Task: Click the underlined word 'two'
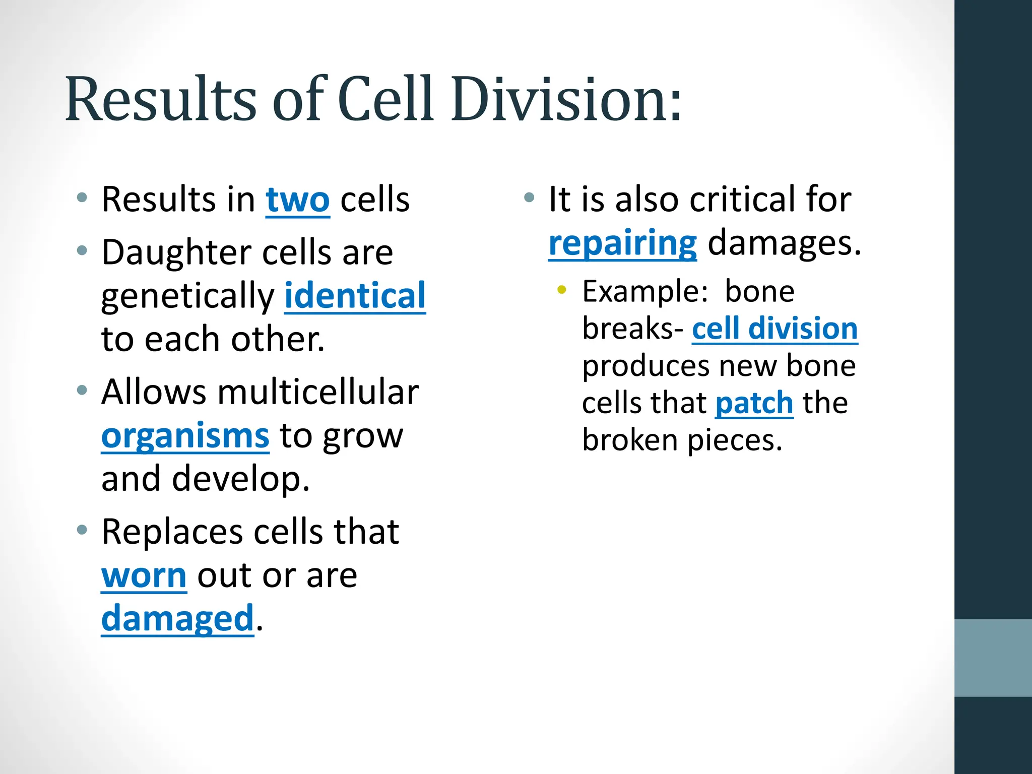[297, 200]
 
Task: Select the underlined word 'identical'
[355, 296]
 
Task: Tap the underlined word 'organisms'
[185, 436]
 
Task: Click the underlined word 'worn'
[144, 575]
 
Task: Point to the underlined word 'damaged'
[177, 619]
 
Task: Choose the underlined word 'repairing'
[622, 243]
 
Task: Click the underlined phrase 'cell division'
[775, 329]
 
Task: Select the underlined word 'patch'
[754, 404]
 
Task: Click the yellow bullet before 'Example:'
[561, 290]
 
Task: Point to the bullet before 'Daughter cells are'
[82, 250]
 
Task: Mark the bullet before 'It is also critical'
[529, 198]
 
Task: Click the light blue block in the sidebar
[993, 658]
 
